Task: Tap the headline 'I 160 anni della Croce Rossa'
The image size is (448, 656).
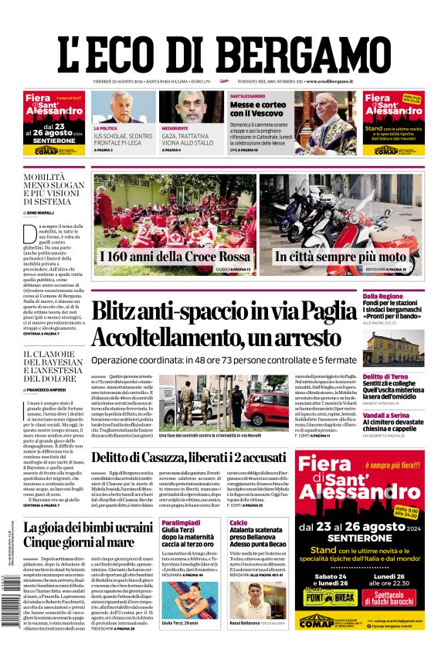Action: pos(176,257)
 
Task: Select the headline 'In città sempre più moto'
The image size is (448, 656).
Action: pos(340,257)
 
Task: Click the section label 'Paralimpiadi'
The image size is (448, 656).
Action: pos(180,523)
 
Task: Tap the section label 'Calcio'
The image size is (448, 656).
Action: pos(238,523)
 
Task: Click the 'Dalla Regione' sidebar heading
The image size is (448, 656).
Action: pos(404,296)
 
